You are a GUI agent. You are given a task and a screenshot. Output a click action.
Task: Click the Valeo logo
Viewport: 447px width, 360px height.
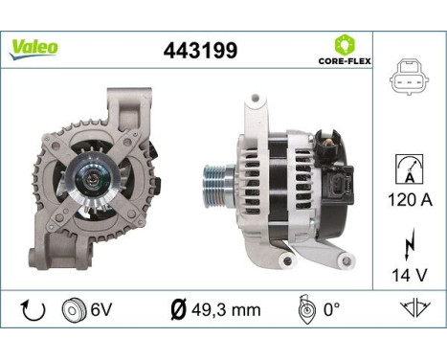(x=34, y=47)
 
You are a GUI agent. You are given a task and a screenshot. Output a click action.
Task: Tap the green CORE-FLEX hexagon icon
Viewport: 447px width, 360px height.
(x=345, y=43)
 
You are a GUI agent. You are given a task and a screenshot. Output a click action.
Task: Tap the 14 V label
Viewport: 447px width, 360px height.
(x=409, y=276)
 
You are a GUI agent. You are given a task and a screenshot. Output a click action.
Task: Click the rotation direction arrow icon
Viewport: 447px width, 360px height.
(x=32, y=311)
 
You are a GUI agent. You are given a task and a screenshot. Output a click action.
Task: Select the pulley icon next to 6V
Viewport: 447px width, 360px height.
(x=70, y=311)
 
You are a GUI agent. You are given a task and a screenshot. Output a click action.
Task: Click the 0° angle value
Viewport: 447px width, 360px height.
(x=331, y=311)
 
